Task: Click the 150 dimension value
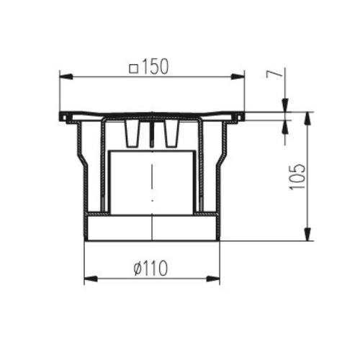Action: click(x=156, y=66)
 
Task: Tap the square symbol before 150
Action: click(x=134, y=69)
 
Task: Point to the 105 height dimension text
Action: click(x=297, y=177)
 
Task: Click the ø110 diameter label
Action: click(x=150, y=269)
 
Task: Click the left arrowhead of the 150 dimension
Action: click(x=66, y=76)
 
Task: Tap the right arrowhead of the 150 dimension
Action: click(x=238, y=76)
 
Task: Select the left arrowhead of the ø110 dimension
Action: click(x=91, y=279)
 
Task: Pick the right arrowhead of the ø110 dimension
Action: click(x=213, y=279)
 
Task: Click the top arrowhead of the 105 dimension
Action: click(x=307, y=118)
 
